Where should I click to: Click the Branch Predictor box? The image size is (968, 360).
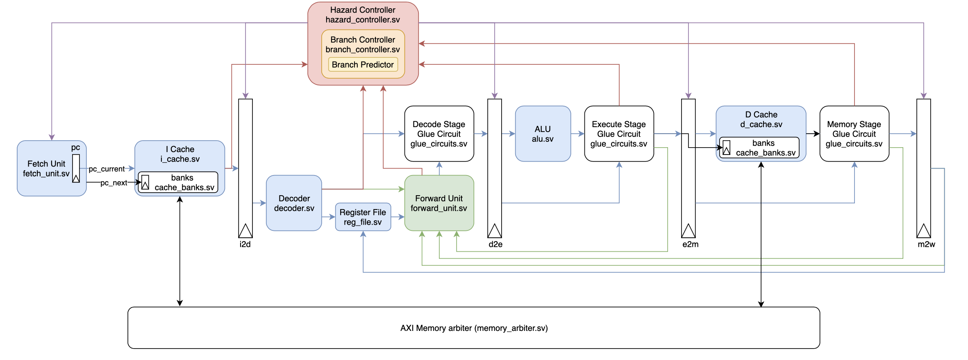[x=363, y=65]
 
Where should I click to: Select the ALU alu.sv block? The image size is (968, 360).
[x=543, y=134]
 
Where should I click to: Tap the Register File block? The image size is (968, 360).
[x=363, y=217]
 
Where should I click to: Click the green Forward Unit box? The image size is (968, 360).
[x=439, y=203]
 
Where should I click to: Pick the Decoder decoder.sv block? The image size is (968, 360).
[x=294, y=203]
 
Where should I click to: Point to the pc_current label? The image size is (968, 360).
[x=107, y=169]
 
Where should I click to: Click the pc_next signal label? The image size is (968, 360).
[x=114, y=183]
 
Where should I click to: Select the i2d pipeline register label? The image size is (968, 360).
[x=245, y=244]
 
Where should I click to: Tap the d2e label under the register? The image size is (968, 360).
[x=495, y=244]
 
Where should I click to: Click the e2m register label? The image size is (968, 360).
[x=690, y=244]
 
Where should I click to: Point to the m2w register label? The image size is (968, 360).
[x=926, y=244]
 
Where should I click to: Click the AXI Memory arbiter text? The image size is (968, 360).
[x=474, y=328]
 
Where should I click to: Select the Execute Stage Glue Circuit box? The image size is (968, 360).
[x=619, y=134]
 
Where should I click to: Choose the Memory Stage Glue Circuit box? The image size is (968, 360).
[x=854, y=134]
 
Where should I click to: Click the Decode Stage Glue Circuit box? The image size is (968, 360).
[x=439, y=134]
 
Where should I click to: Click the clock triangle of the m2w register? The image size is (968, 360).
[x=923, y=231]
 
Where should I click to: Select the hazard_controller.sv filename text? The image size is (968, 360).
[x=363, y=20]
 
